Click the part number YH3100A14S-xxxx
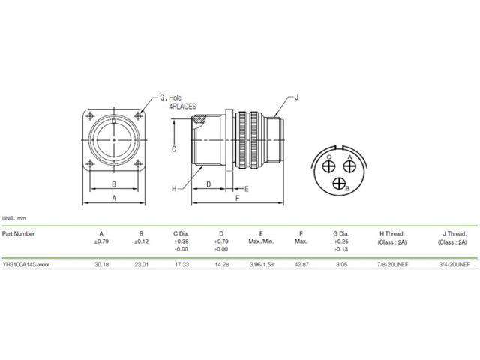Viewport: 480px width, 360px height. click(x=26, y=265)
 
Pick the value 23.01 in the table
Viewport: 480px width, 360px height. click(x=141, y=265)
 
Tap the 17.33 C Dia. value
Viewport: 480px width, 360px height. click(x=180, y=265)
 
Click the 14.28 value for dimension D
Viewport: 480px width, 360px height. click(x=219, y=265)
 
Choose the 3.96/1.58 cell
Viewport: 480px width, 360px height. click(x=260, y=265)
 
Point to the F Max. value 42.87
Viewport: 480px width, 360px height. click(x=301, y=265)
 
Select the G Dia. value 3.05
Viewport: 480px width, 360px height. click(x=341, y=265)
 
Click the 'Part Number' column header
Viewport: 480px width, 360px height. click(x=18, y=233)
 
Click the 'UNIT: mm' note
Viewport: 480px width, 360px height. click(x=13, y=217)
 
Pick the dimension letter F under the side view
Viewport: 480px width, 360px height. click(x=237, y=199)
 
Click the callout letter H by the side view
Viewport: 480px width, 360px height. click(x=173, y=189)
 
